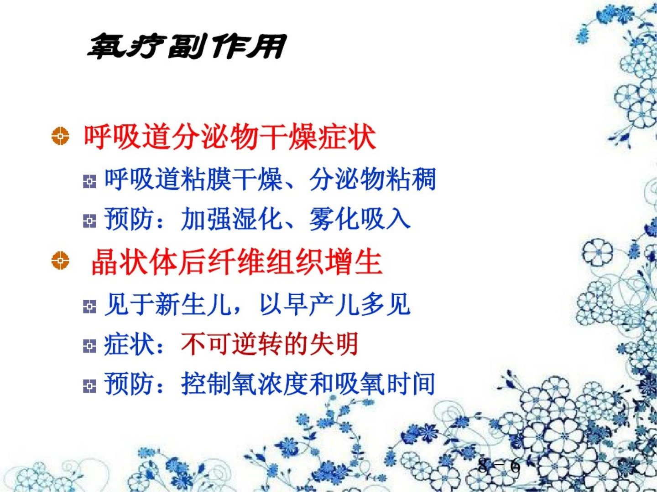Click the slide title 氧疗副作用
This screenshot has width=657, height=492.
tap(186, 47)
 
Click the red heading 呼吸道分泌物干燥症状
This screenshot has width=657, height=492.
tap(230, 137)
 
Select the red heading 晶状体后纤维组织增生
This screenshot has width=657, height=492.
tap(237, 262)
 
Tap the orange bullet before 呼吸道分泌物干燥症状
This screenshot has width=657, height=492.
tap(60, 137)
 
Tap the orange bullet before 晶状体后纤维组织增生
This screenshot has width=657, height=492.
tap(60, 261)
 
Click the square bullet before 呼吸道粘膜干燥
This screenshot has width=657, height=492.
tap(89, 182)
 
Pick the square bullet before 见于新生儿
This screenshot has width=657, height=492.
tap(89, 307)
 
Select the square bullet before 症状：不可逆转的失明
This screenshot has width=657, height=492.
tap(89, 347)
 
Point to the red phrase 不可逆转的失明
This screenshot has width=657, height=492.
tap(270, 344)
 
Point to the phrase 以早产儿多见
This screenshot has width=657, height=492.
tap(334, 304)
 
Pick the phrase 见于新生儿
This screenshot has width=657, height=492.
tap(167, 304)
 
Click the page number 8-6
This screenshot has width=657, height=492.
tap(499, 466)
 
